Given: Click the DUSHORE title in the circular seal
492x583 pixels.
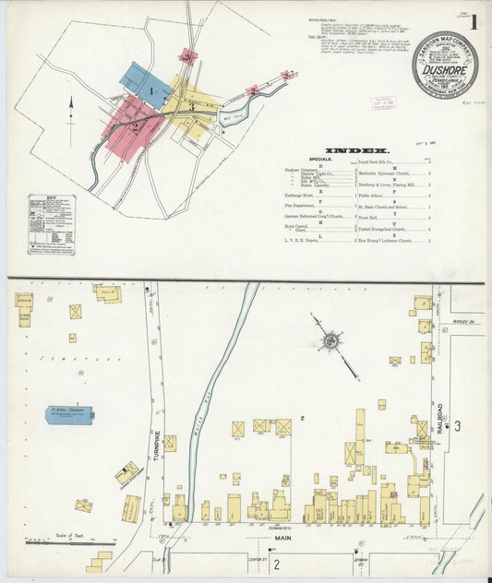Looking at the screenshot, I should tap(444, 67).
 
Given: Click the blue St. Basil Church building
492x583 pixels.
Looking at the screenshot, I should tap(70, 414).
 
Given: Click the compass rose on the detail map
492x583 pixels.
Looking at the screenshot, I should tap(329, 341).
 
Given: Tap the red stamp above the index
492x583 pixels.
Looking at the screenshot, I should tap(382, 101).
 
